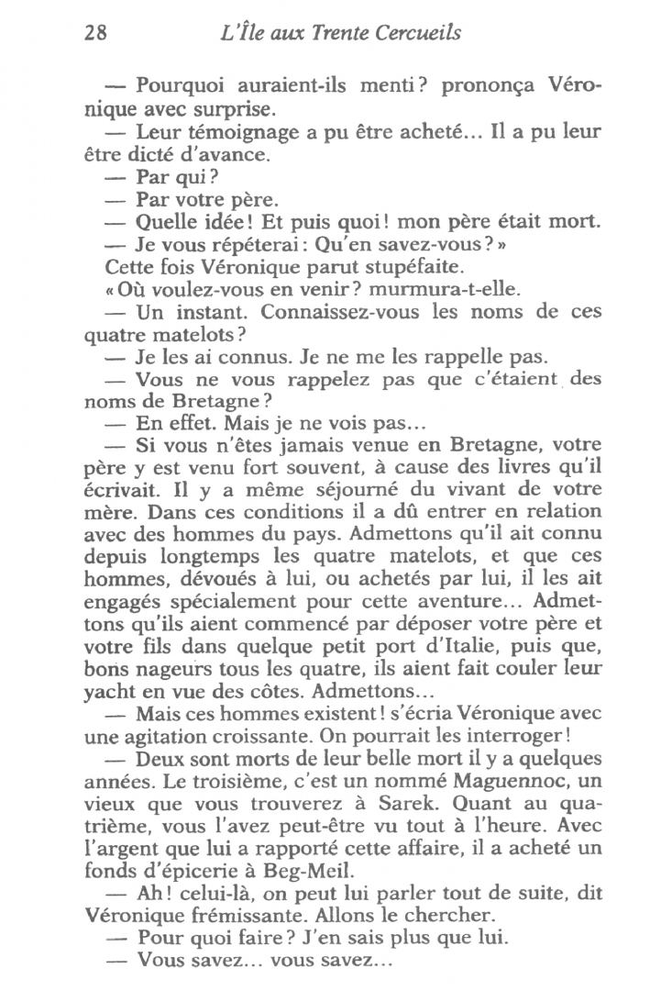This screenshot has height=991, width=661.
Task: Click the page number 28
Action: point(96,34)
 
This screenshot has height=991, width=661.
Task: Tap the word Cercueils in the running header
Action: point(413,34)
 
